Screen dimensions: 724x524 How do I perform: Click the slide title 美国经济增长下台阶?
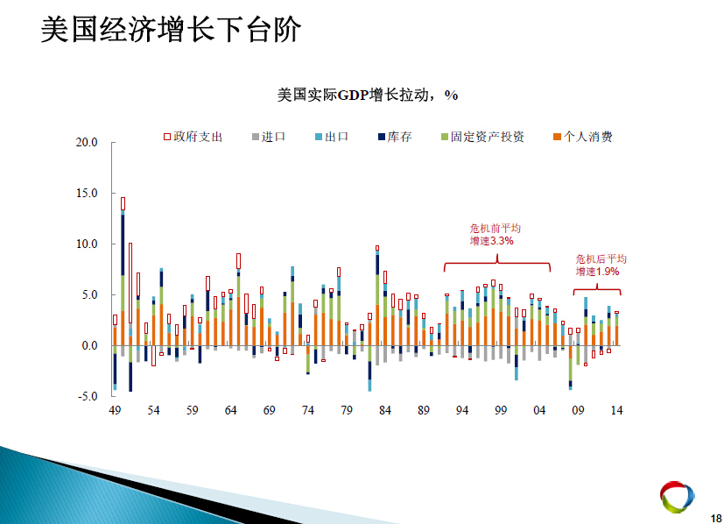(x=171, y=30)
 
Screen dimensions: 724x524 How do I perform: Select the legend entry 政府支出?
(x=193, y=137)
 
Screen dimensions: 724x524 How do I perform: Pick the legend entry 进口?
(x=269, y=137)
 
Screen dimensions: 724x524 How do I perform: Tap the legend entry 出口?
(x=332, y=137)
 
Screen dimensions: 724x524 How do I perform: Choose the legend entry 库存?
(x=395, y=137)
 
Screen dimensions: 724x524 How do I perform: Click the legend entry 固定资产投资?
(x=482, y=137)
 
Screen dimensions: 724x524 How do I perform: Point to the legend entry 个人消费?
(x=583, y=137)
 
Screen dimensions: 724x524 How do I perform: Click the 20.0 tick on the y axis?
(x=87, y=142)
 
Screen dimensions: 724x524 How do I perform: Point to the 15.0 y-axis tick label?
(x=87, y=193)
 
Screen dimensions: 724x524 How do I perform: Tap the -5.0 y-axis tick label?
(x=88, y=396)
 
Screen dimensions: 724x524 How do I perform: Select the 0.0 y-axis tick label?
(x=89, y=345)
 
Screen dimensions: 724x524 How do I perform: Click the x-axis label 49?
(x=115, y=410)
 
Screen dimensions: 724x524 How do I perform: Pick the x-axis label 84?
(x=385, y=410)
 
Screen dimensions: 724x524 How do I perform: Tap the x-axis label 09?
(x=578, y=410)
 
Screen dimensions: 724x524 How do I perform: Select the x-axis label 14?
(x=617, y=410)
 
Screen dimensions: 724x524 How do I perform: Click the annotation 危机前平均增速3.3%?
(x=495, y=235)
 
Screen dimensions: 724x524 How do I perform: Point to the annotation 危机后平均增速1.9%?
(x=601, y=266)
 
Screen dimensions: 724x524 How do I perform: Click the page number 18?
(x=716, y=519)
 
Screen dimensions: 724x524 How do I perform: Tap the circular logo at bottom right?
(x=677, y=497)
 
